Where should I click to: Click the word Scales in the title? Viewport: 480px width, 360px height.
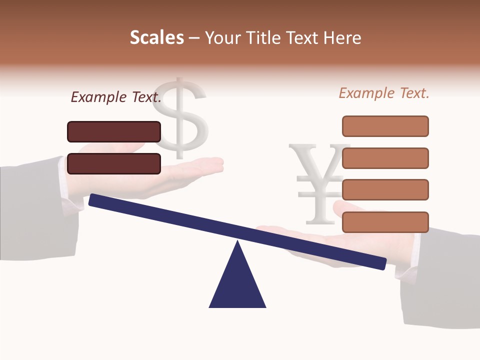(x=156, y=38)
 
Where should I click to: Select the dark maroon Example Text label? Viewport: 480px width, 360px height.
(x=116, y=97)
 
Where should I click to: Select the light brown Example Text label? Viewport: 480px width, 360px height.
(x=384, y=93)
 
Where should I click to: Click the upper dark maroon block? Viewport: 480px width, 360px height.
(x=114, y=131)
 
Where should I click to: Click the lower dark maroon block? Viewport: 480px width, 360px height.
(x=114, y=163)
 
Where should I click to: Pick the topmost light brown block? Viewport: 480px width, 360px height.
(x=385, y=126)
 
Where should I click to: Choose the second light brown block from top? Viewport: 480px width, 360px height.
(x=385, y=158)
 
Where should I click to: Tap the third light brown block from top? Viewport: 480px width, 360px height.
(x=385, y=190)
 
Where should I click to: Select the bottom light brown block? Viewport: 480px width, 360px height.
(x=385, y=222)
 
